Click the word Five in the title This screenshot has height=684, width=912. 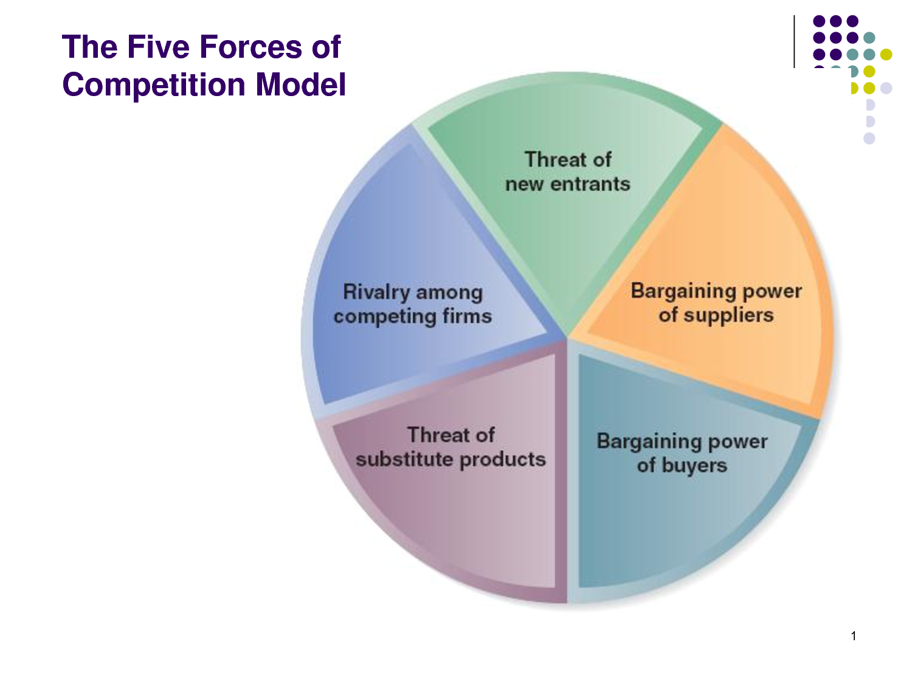pos(157,47)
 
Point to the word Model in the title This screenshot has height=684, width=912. pos(301,85)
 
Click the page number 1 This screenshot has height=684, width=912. pos(854,636)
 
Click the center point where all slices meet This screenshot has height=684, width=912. pos(568,337)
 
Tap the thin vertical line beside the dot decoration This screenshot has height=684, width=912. pos(794,41)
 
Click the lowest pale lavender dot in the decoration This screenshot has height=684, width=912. pos(869,139)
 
